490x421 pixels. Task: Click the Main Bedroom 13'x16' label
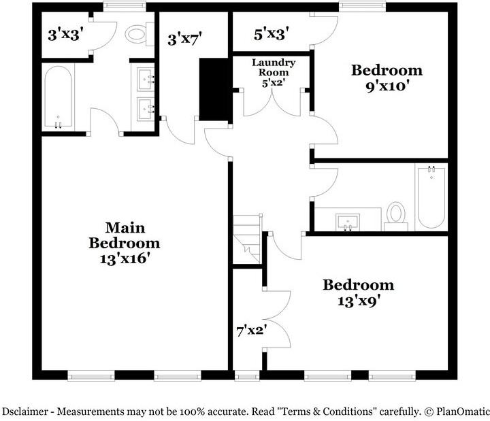(125, 243)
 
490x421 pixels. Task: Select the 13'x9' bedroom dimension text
(358, 301)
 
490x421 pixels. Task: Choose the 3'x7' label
(185, 39)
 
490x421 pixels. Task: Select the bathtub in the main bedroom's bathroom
(58, 97)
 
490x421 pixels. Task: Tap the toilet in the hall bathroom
(395, 214)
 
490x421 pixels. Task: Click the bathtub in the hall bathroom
(431, 197)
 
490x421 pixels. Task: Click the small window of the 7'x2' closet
(246, 375)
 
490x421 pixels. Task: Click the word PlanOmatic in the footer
(461, 411)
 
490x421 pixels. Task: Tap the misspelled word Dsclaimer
(27, 411)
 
